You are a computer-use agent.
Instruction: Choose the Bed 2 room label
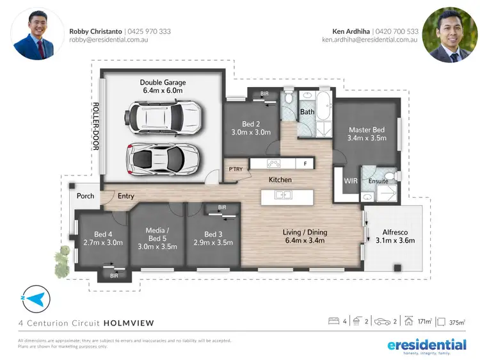251,127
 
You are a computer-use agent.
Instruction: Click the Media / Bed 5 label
157,234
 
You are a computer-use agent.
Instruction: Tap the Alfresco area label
398,236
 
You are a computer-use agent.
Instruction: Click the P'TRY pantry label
235,169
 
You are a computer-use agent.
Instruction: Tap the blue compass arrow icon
35,299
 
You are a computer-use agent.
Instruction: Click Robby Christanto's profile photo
37,34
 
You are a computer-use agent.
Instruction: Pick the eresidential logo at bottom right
427,346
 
